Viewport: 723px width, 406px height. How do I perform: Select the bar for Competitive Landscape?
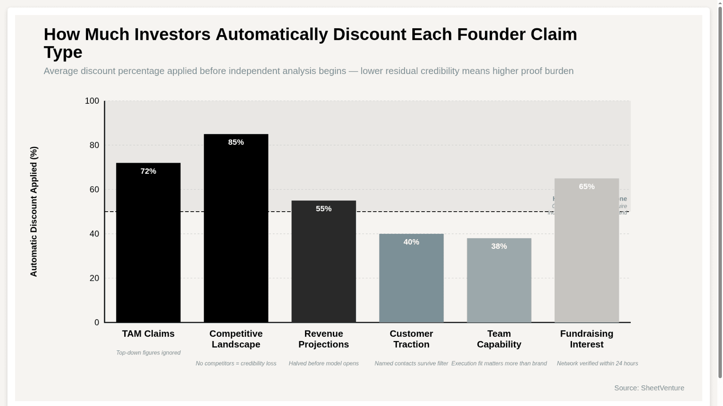coord(236,233)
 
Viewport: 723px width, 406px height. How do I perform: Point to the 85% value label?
coord(236,142)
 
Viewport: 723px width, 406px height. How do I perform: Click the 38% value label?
coord(499,247)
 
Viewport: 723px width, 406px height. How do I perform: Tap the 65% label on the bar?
coord(587,187)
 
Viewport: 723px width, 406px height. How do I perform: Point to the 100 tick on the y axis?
coord(92,101)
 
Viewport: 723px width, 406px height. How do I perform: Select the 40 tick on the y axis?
coord(94,234)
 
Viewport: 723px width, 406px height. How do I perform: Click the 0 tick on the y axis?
coord(97,323)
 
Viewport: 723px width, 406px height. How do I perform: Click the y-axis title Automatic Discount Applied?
coord(34,212)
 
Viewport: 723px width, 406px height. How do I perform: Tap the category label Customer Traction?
coord(411,339)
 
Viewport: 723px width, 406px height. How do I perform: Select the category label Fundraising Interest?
coord(587,339)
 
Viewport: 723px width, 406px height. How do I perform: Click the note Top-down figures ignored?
coord(148,353)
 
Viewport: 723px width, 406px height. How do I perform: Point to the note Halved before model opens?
coord(323,364)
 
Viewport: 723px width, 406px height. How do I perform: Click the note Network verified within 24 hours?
coord(597,364)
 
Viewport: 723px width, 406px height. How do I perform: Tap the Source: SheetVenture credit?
coord(649,388)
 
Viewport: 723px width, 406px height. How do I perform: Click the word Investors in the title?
coord(172,35)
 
